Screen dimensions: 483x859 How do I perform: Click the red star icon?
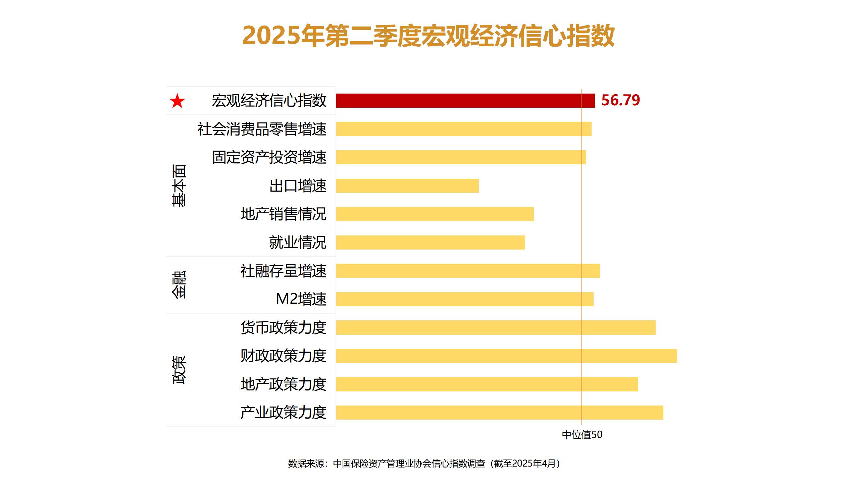click(177, 101)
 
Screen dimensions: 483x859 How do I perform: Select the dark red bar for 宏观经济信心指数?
click(465, 101)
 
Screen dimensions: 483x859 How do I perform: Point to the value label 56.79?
click(620, 100)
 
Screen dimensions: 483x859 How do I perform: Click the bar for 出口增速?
click(407, 186)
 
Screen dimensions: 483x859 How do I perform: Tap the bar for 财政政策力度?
click(506, 356)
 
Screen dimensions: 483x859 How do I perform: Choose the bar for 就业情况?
click(431, 243)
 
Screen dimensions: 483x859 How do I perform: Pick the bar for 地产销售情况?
click(435, 214)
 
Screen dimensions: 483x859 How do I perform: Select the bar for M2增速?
click(465, 299)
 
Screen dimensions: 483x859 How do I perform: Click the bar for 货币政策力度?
click(496, 327)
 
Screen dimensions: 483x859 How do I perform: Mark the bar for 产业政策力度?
click(500, 413)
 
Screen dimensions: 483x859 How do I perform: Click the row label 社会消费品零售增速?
click(262, 129)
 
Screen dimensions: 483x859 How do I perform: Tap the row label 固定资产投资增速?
click(269, 157)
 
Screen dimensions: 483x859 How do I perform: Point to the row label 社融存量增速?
click(283, 271)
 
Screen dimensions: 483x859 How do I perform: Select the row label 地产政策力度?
click(283, 384)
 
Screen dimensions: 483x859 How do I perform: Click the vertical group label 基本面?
click(179, 185)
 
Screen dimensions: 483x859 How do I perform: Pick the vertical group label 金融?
click(179, 285)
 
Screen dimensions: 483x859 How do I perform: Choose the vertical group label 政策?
click(179, 370)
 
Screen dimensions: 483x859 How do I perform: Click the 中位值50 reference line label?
click(582, 435)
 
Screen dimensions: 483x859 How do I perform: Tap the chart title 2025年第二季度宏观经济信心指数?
click(428, 36)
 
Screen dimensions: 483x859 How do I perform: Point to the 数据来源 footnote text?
click(424, 464)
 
